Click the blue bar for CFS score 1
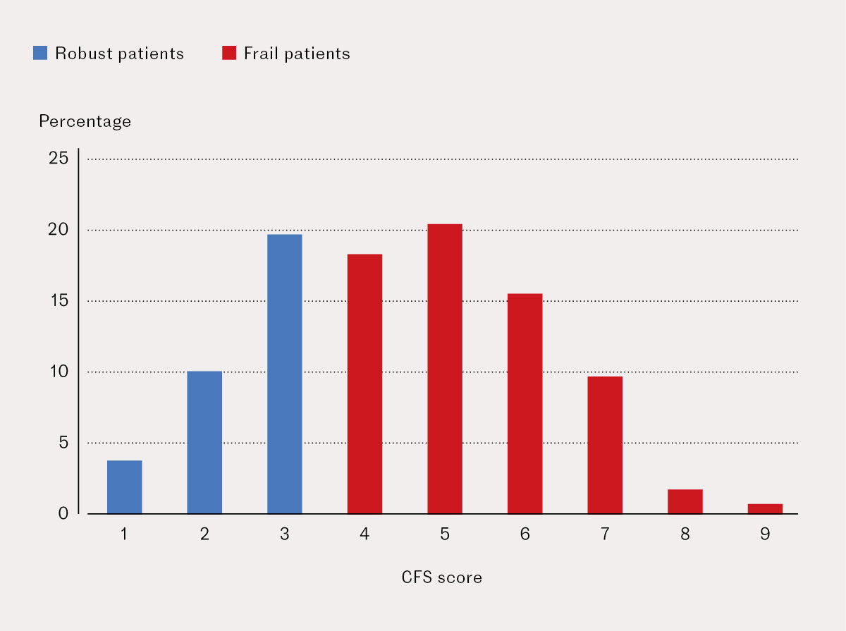[124, 487]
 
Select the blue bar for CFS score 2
[204, 442]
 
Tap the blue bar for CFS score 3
[285, 374]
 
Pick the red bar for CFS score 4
[364, 384]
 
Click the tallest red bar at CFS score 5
[445, 369]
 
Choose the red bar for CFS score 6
[525, 403]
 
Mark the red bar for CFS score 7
[605, 445]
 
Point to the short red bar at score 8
[685, 501]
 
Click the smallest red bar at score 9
[765, 508]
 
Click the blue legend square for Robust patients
[40, 54]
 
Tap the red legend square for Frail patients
[229, 54]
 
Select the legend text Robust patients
[119, 54]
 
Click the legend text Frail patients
[297, 54]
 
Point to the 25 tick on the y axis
[59, 159]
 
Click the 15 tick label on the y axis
[59, 301]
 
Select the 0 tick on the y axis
[63, 513]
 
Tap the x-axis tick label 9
[765, 534]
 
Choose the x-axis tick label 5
[445, 534]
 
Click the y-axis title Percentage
[85, 121]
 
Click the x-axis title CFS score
[442, 578]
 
